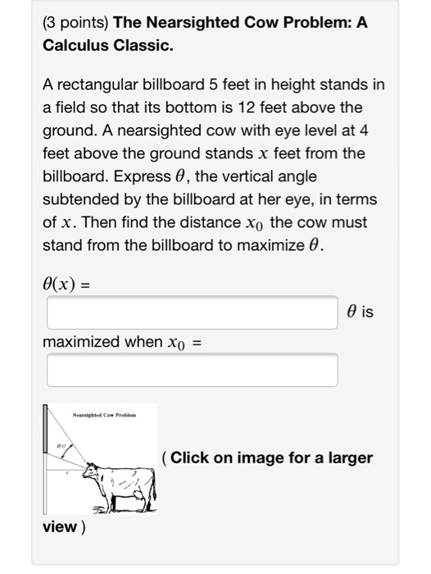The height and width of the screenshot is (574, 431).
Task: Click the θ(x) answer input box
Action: tap(192, 312)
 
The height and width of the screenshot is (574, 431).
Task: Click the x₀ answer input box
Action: tap(192, 370)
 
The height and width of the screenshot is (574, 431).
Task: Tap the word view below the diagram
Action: tap(59, 525)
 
